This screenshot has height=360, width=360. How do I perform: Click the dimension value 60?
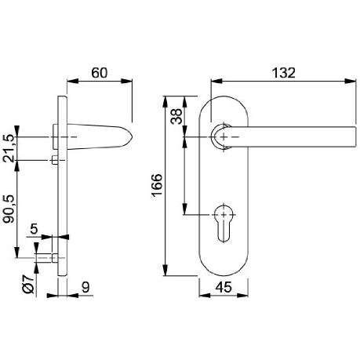(x=100, y=73)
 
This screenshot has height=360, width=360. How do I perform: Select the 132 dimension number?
(x=284, y=73)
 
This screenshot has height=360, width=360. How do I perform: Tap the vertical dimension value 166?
(x=157, y=185)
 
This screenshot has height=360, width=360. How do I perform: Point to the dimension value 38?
(x=176, y=116)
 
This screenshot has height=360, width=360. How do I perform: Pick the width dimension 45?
(x=224, y=287)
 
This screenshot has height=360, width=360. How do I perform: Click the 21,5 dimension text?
(x=9, y=148)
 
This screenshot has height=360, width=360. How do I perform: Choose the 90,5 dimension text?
(x=9, y=209)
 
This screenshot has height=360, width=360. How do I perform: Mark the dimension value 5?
(x=34, y=229)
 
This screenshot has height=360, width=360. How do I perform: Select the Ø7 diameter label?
(x=29, y=285)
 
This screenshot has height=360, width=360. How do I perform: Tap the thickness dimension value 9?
(x=85, y=287)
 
